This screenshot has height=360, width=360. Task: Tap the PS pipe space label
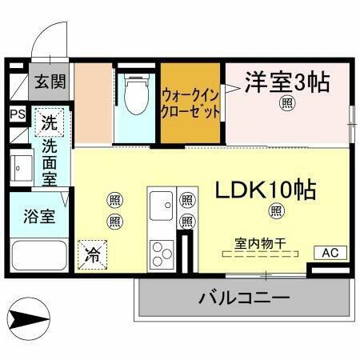(17, 114)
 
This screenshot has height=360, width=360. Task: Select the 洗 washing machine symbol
(50, 124)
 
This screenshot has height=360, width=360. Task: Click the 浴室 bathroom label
(38, 216)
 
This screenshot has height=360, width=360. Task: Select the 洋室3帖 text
(286, 82)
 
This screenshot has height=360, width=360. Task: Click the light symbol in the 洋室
(286, 102)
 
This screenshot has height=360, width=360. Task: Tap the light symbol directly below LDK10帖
(276, 210)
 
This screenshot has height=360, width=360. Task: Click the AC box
(330, 252)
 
